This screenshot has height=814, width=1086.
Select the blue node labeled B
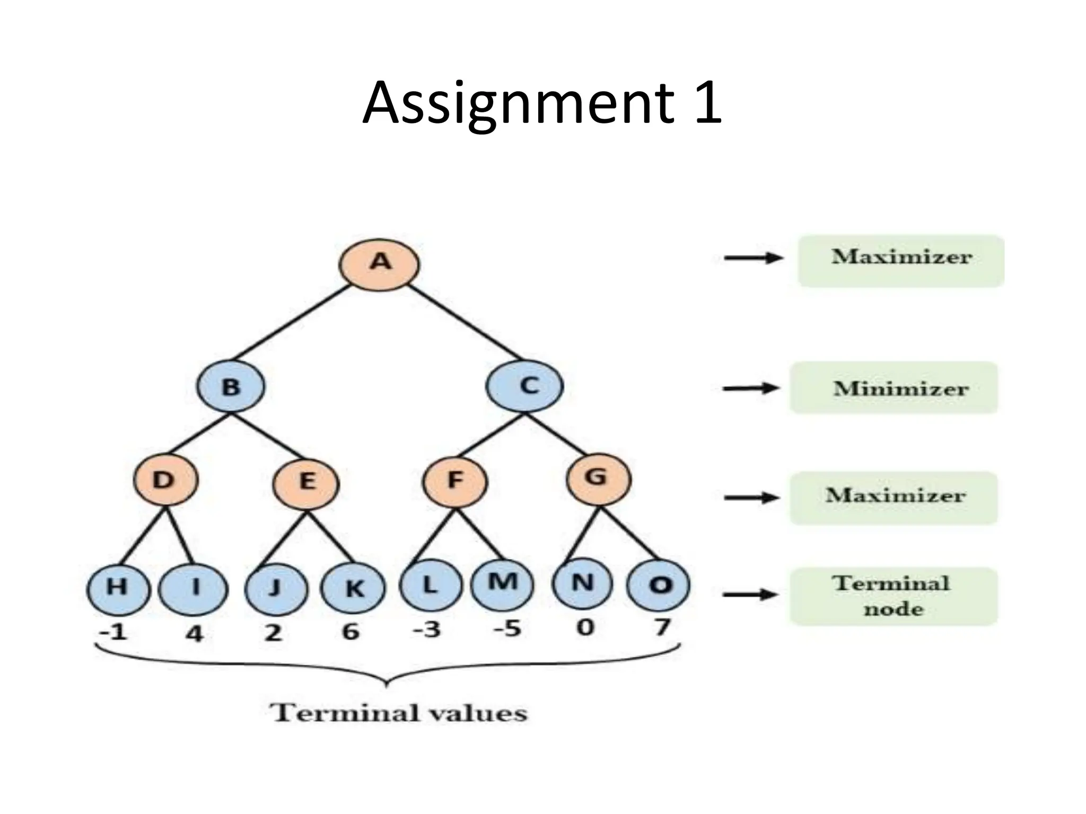230,386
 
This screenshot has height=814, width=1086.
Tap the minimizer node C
524,386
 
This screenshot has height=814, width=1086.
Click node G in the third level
598,479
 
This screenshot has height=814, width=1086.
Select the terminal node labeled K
354,588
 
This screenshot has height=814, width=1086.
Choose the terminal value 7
661,627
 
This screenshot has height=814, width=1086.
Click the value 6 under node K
350,632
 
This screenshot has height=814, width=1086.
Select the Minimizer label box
894,388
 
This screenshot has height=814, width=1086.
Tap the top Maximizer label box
901,261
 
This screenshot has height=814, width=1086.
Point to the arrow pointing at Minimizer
750,388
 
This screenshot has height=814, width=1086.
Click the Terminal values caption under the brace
399,713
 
